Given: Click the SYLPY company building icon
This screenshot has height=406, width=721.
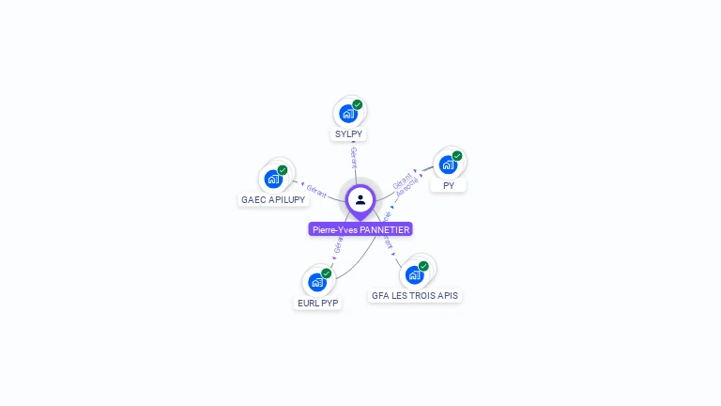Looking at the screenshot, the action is (x=348, y=114).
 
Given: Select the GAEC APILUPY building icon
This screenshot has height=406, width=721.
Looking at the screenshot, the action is (x=273, y=179).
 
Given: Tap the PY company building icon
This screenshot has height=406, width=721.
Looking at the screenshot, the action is (x=448, y=164).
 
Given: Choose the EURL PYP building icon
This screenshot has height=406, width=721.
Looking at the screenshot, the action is (x=317, y=282).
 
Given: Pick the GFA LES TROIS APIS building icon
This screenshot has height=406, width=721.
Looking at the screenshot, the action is (x=414, y=274).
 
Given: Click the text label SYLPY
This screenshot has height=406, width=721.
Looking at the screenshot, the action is (x=348, y=134).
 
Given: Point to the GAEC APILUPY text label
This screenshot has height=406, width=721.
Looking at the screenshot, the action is (x=272, y=199).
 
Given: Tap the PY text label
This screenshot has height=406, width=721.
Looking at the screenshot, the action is (x=449, y=185).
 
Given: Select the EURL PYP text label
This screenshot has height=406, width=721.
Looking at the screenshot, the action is (x=317, y=303).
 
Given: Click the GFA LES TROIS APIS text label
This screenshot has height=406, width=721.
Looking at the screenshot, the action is (x=415, y=295).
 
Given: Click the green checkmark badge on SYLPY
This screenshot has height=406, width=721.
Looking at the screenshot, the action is (x=358, y=105).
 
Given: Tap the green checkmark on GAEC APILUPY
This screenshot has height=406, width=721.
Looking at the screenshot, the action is (x=283, y=170).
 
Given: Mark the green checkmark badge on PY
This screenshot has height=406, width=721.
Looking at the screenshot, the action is (x=457, y=156).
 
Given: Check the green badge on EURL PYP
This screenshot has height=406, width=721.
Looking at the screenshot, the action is (x=327, y=273).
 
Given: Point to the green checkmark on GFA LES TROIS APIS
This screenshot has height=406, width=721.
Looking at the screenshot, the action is (x=423, y=266).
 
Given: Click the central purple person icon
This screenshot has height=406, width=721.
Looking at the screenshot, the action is (x=360, y=199).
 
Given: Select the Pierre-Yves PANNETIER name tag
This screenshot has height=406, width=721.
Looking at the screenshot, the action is (x=360, y=229).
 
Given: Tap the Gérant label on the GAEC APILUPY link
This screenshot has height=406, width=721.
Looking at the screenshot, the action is (x=316, y=191).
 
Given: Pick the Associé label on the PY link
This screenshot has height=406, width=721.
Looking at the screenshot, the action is (x=407, y=186).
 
